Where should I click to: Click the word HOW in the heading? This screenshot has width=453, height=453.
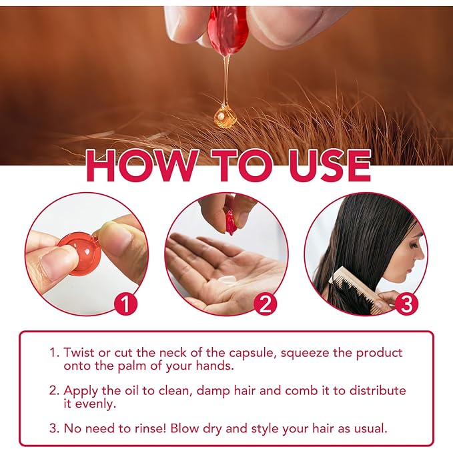pos(136,166)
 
